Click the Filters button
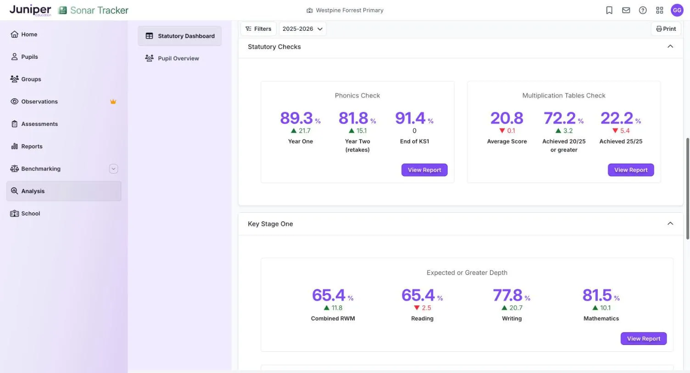click(258, 28)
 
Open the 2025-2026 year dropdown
click(302, 28)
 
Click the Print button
click(666, 28)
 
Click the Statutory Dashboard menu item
click(179, 36)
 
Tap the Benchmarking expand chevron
click(113, 169)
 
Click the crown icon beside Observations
click(113, 102)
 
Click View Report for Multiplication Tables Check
click(630, 170)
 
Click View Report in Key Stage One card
click(644, 339)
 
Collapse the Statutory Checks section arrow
click(670, 46)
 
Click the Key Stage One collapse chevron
click(670, 224)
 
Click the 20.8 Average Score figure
click(506, 118)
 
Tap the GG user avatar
click(677, 10)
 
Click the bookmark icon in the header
click(609, 10)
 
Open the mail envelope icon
click(626, 10)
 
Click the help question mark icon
click(643, 10)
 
